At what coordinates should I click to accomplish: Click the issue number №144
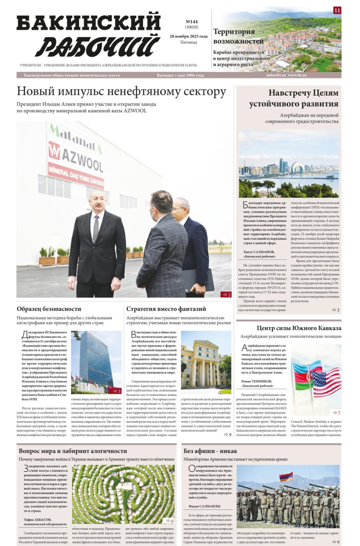click(x=191, y=22)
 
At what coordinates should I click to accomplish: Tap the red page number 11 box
click(x=337, y=10)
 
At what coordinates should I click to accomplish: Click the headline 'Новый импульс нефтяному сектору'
click(x=121, y=92)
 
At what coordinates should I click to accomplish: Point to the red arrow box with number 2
click(x=226, y=294)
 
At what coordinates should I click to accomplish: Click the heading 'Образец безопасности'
click(x=49, y=309)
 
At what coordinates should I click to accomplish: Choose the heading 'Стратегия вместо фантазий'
click(x=166, y=309)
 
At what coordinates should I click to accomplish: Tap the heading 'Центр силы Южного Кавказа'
click(x=299, y=328)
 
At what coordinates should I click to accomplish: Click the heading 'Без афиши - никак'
click(x=210, y=451)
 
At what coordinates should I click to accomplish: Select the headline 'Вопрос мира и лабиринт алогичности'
click(x=73, y=451)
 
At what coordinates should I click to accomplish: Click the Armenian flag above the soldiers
click(x=286, y=477)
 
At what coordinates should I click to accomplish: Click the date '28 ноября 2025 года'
click(x=189, y=36)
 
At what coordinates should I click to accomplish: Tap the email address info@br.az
click(x=276, y=75)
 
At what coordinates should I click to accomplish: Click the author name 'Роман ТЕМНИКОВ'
click(x=257, y=381)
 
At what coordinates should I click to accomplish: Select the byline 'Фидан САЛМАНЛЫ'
click(x=204, y=506)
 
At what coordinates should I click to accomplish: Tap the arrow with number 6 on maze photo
click(x=169, y=521)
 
